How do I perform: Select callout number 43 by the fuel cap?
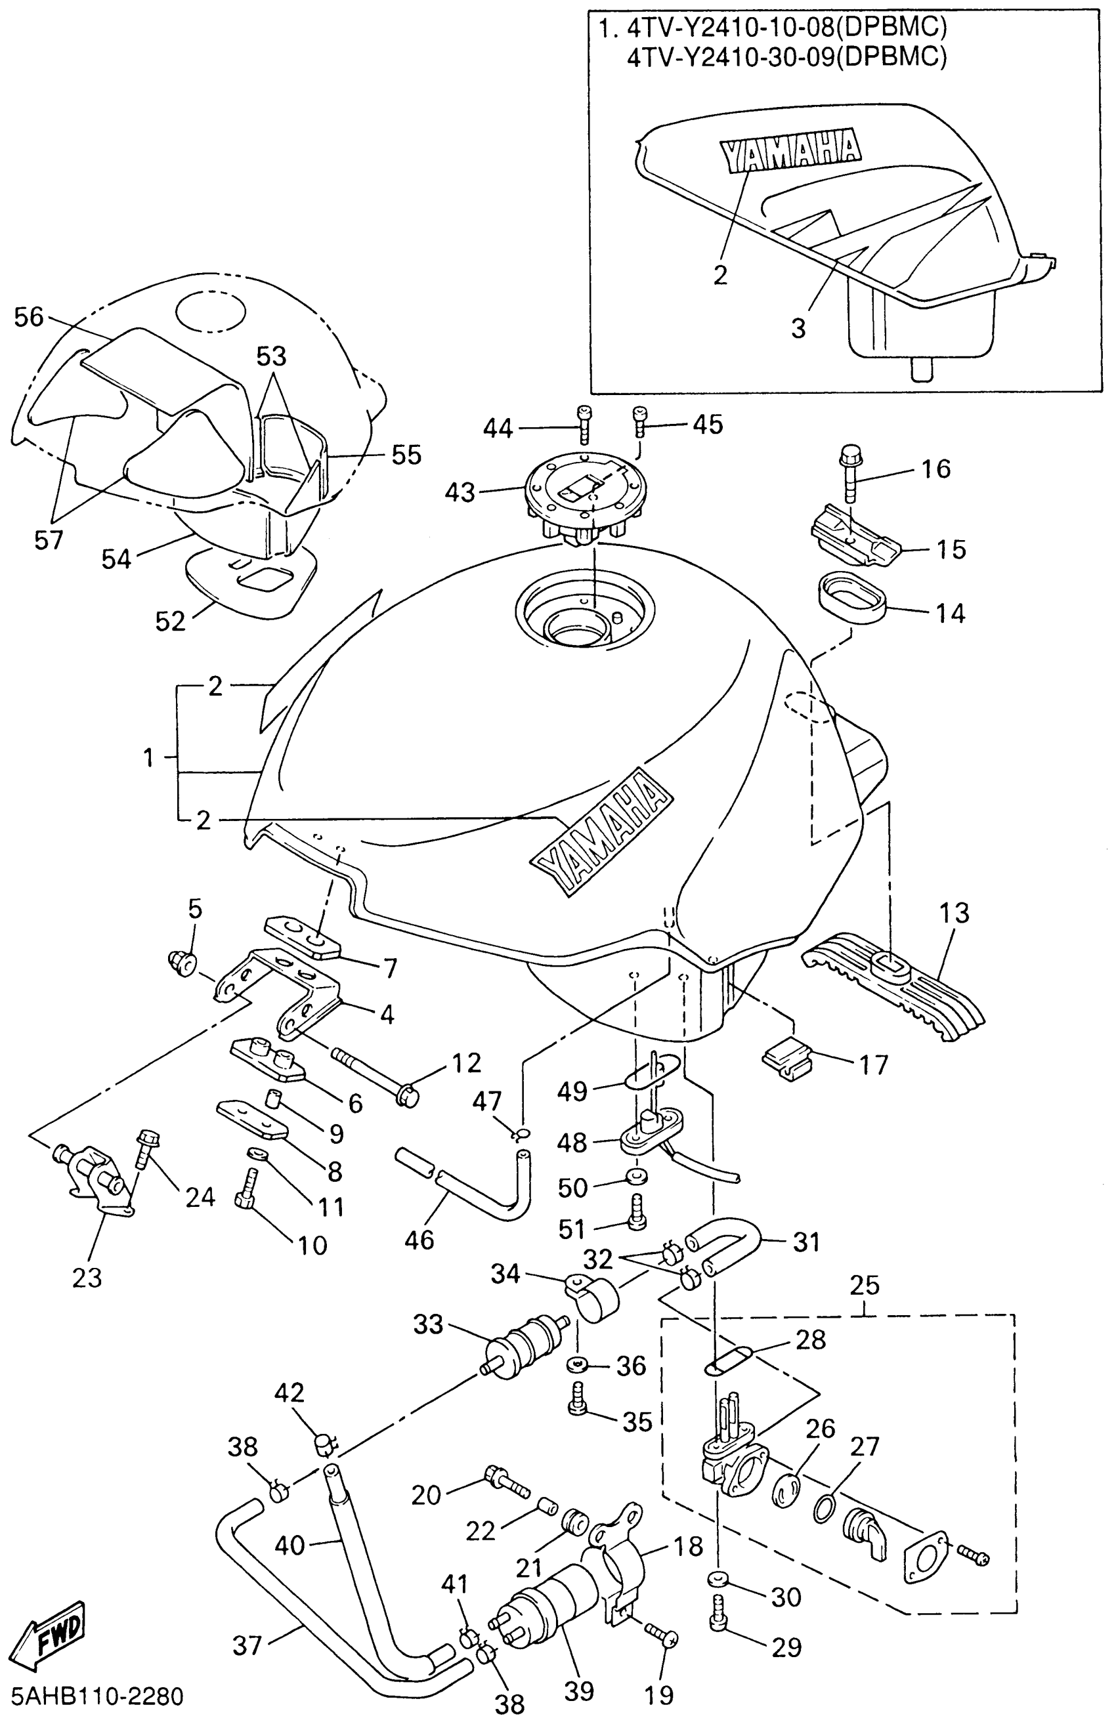coord(460,493)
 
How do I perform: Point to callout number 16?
coord(935,469)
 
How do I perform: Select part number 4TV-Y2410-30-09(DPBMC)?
coord(786,57)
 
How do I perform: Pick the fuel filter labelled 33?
coord(523,1341)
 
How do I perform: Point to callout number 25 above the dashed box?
coord(865,1285)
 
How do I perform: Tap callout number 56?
coord(29,316)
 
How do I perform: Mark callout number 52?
coord(171,620)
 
